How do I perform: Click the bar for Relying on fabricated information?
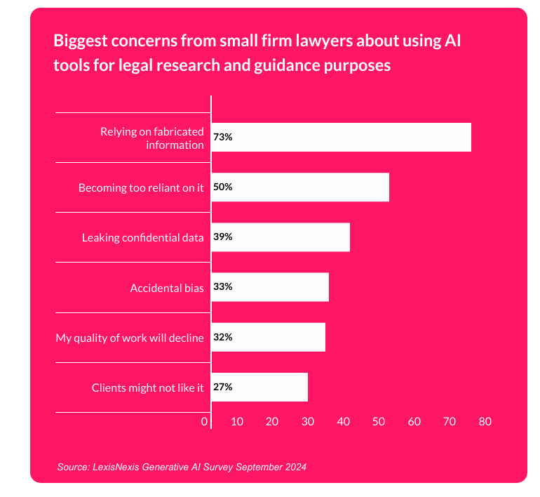[341, 138]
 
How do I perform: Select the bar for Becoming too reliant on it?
[300, 187]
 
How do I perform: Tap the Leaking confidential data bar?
[281, 237]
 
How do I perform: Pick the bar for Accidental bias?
[270, 287]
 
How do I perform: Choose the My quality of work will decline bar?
[268, 337]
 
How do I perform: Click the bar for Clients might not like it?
[259, 387]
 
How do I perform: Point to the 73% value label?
[223, 138]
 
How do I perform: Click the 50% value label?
[224, 187]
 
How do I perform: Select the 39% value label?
[224, 237]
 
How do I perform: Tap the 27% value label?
[224, 387]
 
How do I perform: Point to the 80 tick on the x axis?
[485, 422]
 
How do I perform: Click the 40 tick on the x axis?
[344, 422]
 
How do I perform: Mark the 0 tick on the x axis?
[205, 422]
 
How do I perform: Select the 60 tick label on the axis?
[414, 422]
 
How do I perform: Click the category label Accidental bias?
[167, 288]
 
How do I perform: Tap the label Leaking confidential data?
[143, 238]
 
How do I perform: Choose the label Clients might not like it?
[148, 387]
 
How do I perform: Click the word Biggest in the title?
[81, 41]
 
